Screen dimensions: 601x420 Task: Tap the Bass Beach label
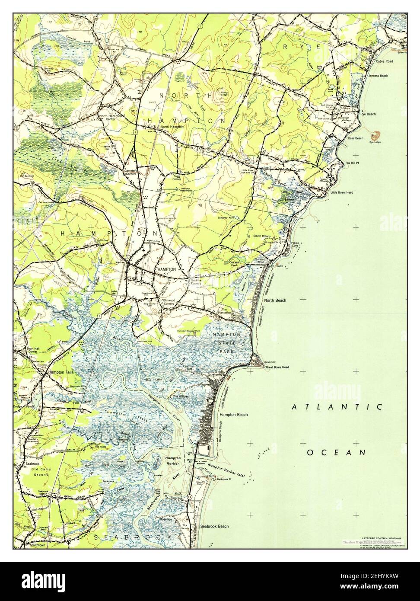tap(356, 138)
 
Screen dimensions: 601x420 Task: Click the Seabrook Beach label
tap(215, 526)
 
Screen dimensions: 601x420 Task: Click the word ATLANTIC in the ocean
tap(337, 407)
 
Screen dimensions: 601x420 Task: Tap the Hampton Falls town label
tap(60, 372)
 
